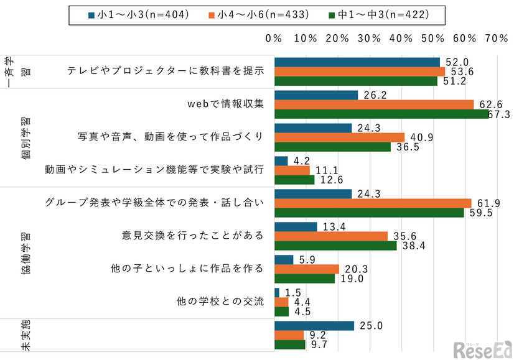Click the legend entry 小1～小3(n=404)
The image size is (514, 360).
141,14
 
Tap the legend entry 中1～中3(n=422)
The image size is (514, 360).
383,14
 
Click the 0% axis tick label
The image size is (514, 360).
274,39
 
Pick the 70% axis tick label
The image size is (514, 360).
496,39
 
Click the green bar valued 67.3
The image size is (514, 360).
382,114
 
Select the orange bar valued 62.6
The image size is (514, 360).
374,104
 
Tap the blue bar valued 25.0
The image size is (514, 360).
314,326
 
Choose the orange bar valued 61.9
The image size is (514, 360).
373,203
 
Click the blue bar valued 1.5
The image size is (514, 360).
277,292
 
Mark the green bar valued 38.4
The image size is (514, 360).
335,246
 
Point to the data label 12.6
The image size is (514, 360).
328,180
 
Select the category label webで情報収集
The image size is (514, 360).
226,104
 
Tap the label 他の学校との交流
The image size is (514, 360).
221,302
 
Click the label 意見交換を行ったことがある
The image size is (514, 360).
193,236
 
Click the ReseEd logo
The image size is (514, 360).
482,349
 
